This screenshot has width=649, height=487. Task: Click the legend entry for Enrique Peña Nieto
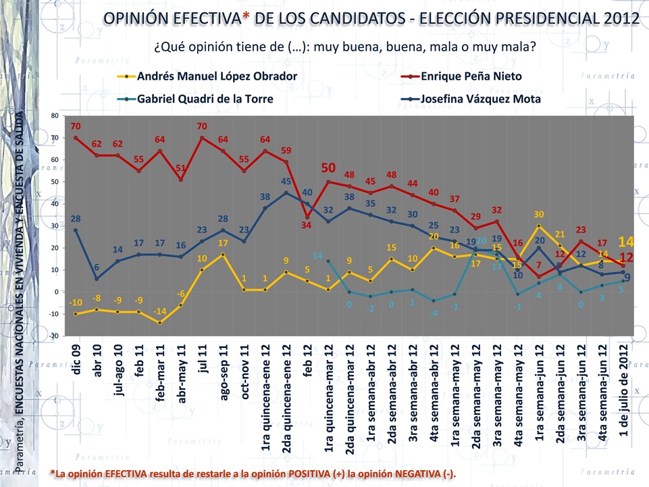[x=471, y=76]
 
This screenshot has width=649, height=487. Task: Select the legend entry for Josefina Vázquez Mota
[x=480, y=99]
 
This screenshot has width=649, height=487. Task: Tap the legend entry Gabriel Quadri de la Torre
[x=205, y=99]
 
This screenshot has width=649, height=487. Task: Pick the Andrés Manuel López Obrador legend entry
[x=217, y=76]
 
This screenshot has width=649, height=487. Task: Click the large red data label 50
[x=328, y=168]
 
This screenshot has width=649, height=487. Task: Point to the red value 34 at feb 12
[x=307, y=226]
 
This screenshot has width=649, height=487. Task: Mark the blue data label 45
[x=286, y=181]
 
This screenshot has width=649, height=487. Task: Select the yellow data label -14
[x=159, y=311]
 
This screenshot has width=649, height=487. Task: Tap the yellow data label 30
[x=539, y=214]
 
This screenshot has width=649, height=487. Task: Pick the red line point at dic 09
[x=76, y=138]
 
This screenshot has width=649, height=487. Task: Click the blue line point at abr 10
[x=97, y=278]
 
